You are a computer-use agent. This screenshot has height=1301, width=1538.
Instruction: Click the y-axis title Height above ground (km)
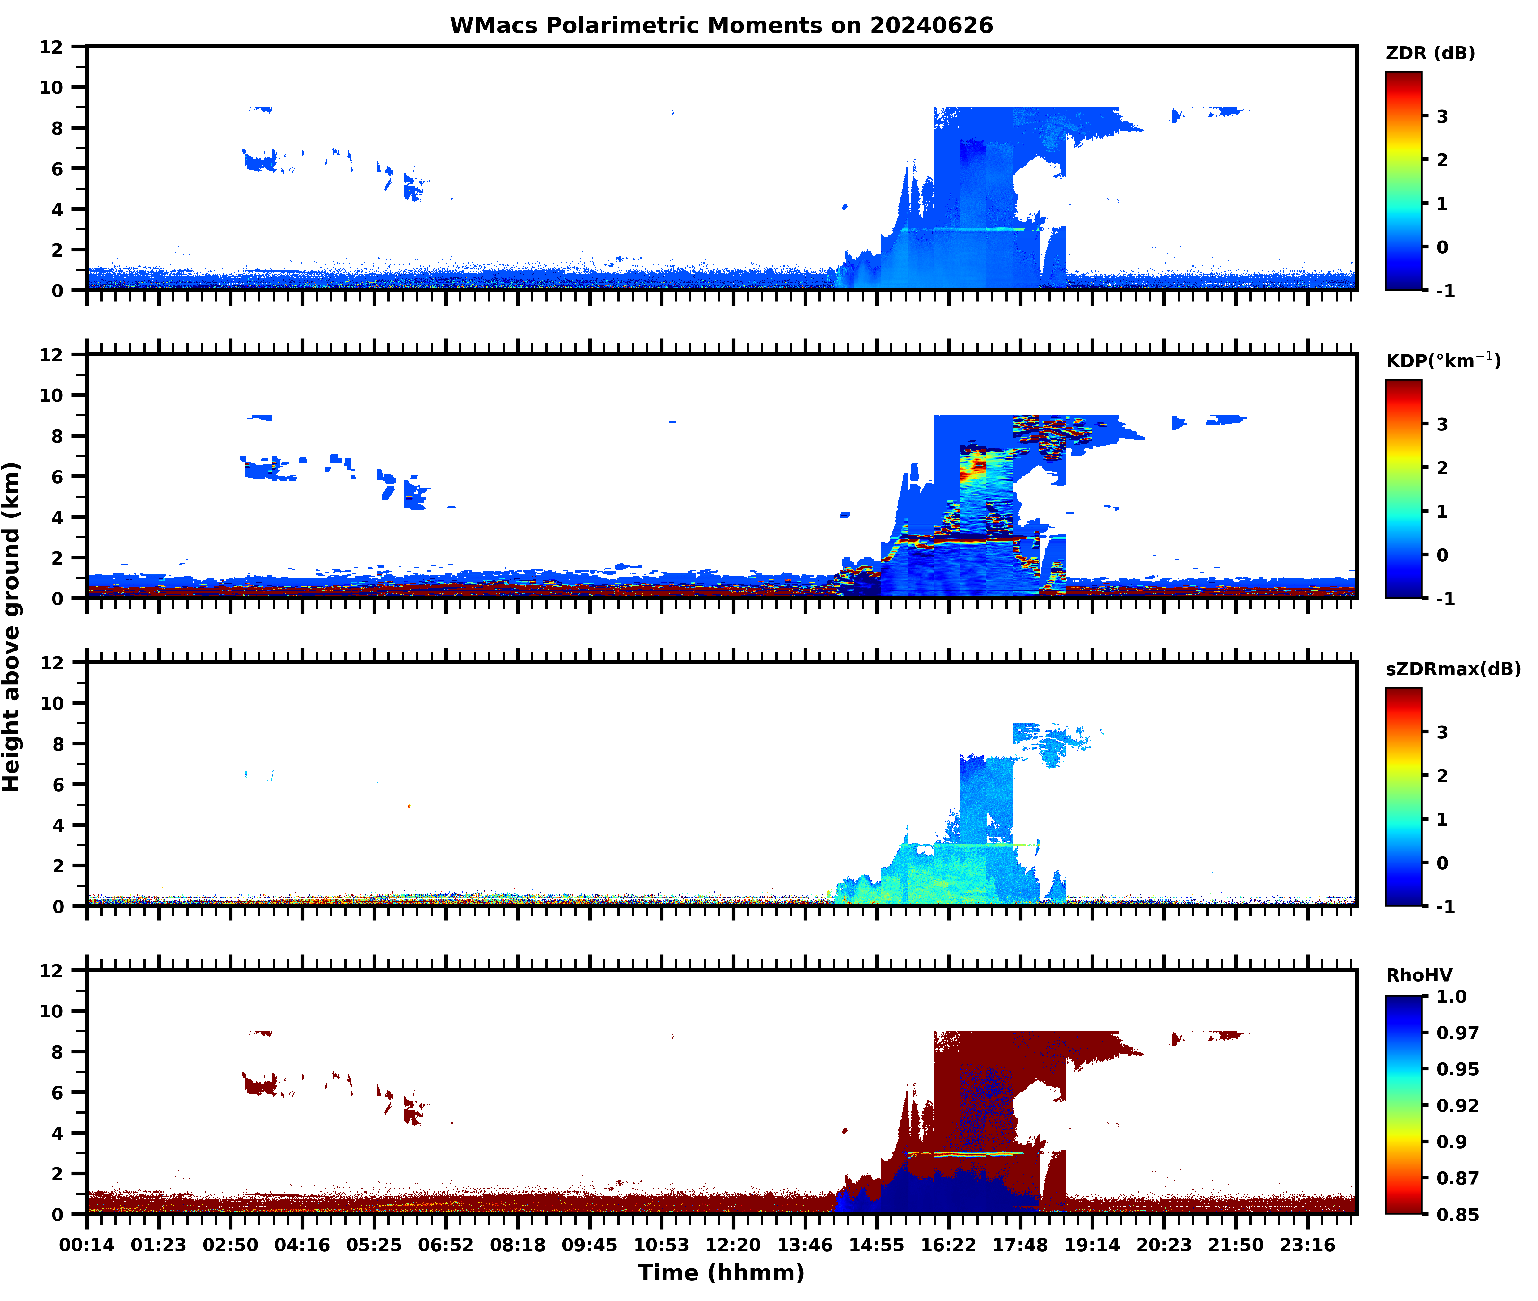12,627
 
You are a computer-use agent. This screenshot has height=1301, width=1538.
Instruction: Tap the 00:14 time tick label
87,1245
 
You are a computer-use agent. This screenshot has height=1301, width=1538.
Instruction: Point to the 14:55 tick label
877,1245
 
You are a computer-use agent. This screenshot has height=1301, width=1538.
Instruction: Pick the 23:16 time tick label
1307,1245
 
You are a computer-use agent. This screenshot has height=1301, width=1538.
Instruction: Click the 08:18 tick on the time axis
518,1245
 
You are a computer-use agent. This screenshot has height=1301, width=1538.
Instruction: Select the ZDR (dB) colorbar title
1430,53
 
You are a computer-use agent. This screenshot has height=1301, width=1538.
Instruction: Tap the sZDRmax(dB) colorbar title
1452,669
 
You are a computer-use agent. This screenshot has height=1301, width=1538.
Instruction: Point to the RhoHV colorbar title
1419,975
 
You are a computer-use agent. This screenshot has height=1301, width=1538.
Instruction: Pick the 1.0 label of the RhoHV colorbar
1451,996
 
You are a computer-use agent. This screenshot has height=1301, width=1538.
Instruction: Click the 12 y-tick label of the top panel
52,47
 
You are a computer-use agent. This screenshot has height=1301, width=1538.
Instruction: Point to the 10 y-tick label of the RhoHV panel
52,1011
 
